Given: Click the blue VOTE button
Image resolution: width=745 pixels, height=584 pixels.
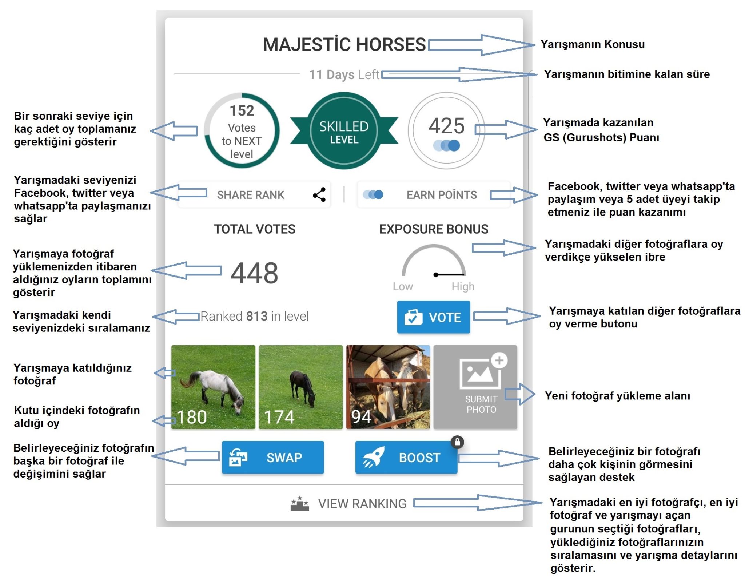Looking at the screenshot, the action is [x=433, y=317].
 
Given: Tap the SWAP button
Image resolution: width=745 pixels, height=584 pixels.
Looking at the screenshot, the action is [x=273, y=457].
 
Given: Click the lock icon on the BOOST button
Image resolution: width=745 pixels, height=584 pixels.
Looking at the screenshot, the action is [x=457, y=442].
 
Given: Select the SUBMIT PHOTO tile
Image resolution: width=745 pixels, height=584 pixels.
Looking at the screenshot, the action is [x=475, y=387].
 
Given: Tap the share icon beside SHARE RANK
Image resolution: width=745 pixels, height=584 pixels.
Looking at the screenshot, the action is [x=319, y=195].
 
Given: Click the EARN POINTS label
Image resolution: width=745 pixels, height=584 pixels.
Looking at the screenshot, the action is [x=442, y=195].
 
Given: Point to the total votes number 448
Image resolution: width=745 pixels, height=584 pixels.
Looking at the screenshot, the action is [x=254, y=273].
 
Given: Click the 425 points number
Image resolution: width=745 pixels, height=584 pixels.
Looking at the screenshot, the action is [x=446, y=126].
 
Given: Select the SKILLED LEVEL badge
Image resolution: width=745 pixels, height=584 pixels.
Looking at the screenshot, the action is [x=344, y=131].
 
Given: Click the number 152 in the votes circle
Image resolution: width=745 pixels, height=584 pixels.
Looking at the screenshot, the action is [x=242, y=110].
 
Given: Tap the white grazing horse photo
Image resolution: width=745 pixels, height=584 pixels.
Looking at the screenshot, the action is [x=213, y=387].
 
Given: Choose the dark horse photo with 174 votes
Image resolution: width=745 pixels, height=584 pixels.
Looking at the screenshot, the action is [x=301, y=387].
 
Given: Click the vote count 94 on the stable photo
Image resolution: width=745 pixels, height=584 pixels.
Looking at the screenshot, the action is [x=361, y=417].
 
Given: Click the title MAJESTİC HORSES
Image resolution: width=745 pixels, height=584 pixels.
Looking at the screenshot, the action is [x=344, y=44].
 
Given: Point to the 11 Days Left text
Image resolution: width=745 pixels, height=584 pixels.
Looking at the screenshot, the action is [x=344, y=74].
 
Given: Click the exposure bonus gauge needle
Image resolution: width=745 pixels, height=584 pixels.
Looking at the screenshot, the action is [x=450, y=274].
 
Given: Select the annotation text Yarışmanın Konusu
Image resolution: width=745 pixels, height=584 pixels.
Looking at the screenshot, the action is [x=593, y=44].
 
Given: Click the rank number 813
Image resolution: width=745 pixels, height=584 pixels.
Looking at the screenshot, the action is [x=257, y=316].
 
